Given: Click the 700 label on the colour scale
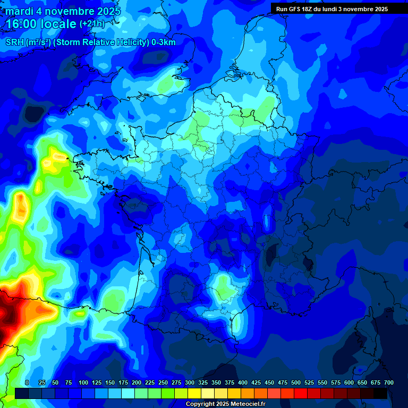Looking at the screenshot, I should (388, 382).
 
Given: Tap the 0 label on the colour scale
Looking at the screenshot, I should (27, 382).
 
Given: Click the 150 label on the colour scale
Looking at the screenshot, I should (110, 382).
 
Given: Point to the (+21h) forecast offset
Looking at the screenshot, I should (92, 24).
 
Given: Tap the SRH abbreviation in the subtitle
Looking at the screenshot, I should (14, 42).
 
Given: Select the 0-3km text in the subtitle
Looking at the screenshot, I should (163, 42).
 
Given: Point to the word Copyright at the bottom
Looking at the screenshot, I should (200, 404).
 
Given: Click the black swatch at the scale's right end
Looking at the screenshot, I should (380, 394).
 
